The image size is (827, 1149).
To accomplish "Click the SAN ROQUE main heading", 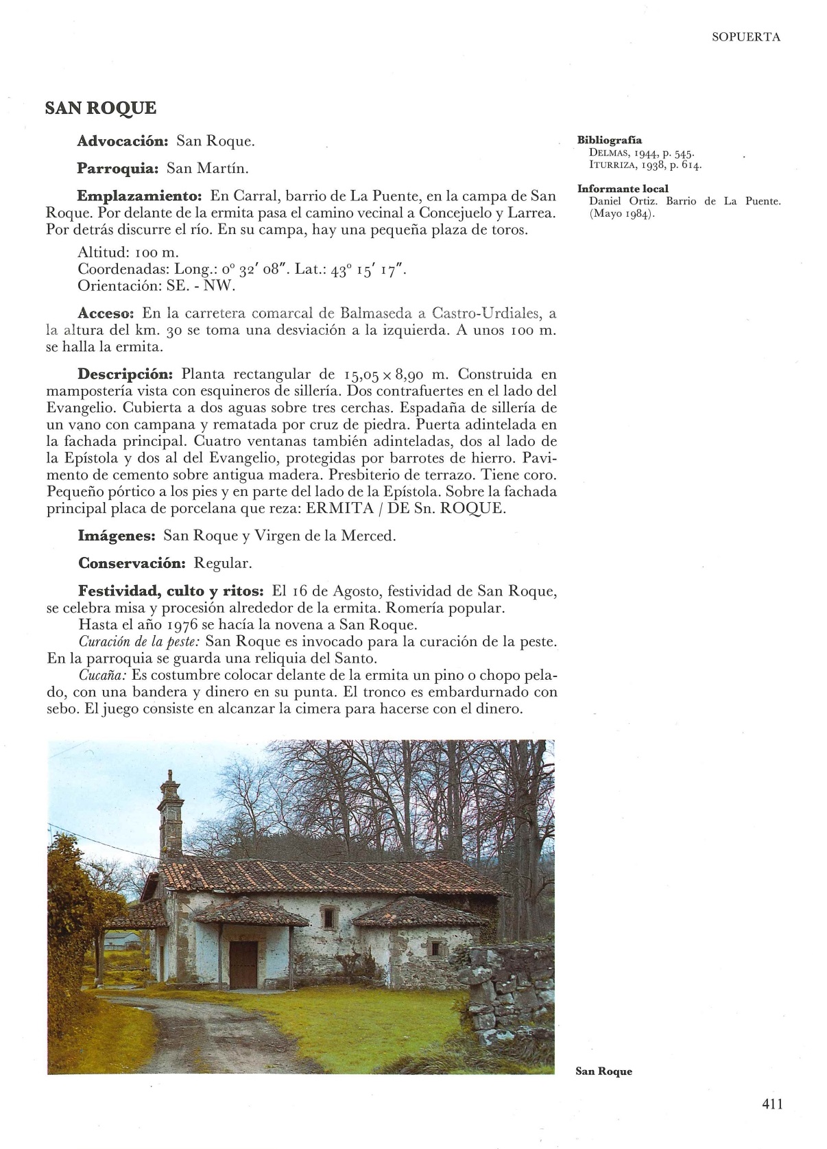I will pyautogui.click(x=101, y=108).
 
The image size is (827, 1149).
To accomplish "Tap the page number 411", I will pyautogui.click(x=771, y=1104).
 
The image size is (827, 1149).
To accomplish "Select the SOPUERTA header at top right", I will pyautogui.click(x=746, y=38).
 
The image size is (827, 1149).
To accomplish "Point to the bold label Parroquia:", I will pyautogui.click(x=118, y=169).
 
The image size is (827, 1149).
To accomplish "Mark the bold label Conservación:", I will pyautogui.click(x=132, y=563).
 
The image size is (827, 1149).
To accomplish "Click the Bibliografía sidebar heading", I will pyautogui.click(x=610, y=141).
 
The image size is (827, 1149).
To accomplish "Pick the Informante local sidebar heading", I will pyautogui.click(x=623, y=189).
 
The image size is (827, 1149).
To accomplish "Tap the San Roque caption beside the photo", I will pyautogui.click(x=603, y=1071).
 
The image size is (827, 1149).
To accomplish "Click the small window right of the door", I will pyautogui.click(x=435, y=949).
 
